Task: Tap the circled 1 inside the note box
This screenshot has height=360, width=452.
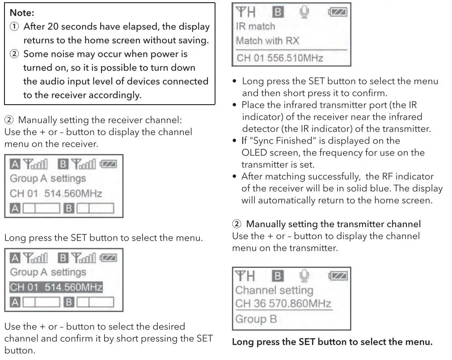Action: click(14, 26)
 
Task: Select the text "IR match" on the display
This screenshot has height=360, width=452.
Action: click(255, 26)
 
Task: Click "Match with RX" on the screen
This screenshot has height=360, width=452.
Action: click(267, 41)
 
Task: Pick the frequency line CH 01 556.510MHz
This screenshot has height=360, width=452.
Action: click(279, 58)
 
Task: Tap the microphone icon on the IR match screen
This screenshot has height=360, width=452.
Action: click(304, 12)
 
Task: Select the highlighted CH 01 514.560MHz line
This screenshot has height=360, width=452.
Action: click(56, 287)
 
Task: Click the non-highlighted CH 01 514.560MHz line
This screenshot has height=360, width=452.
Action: click(56, 193)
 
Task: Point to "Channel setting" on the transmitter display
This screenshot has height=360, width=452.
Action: click(274, 290)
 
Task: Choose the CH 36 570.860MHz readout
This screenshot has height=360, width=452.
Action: click(283, 304)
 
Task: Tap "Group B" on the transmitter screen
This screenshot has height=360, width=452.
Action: click(256, 319)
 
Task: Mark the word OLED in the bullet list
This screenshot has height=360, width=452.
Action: click(254, 152)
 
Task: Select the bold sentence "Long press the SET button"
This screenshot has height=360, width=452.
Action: click(332, 343)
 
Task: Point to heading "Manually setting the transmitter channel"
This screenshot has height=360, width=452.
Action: click(333, 223)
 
